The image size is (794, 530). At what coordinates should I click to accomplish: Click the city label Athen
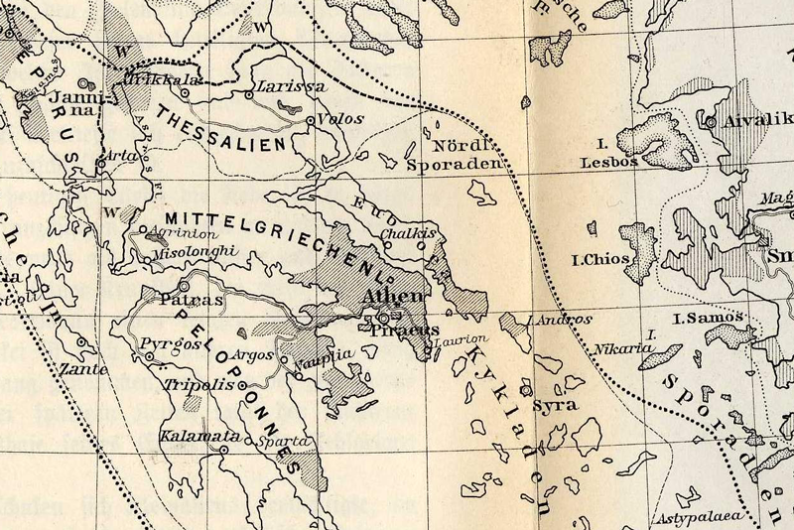click(x=397, y=297)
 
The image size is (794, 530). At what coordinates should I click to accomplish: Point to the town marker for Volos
click(x=311, y=121)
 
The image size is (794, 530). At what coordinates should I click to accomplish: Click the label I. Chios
click(x=595, y=262)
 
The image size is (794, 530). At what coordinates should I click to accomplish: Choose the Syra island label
click(x=554, y=405)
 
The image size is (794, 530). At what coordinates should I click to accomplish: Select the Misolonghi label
click(x=198, y=253)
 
